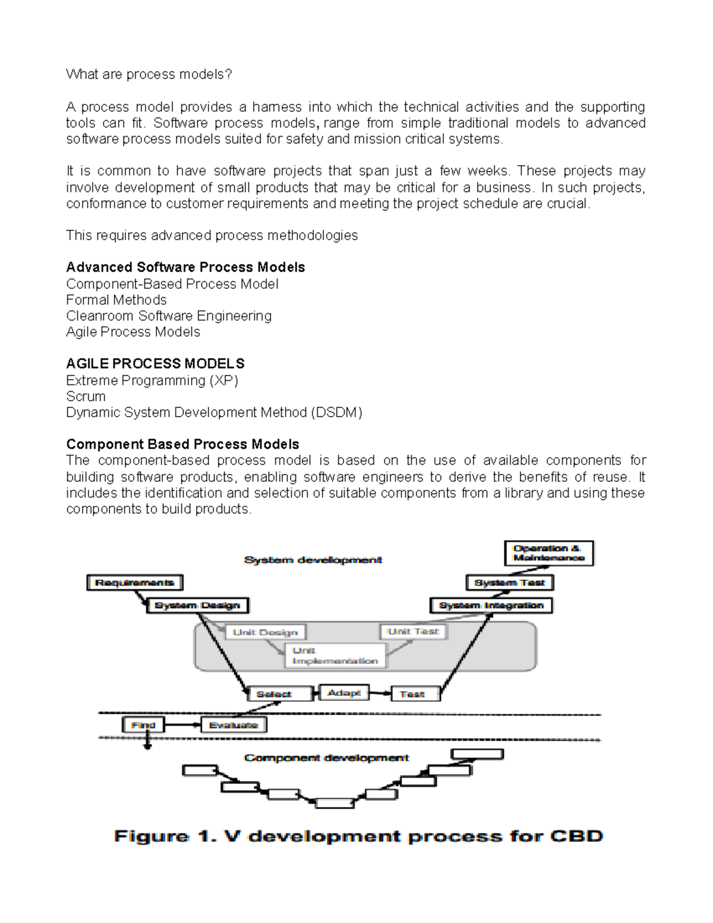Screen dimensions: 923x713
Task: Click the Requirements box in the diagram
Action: coord(135,582)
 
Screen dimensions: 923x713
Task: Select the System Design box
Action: coord(197,605)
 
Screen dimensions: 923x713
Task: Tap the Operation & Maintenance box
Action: coord(548,553)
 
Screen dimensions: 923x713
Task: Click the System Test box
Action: coord(510,582)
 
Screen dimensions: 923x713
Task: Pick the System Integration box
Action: coord(491,605)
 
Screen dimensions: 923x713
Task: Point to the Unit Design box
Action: coord(265,632)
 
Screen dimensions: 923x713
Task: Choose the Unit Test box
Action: coord(413,631)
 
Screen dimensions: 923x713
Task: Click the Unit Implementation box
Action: coord(335,656)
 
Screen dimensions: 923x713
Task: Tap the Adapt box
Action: coord(344,692)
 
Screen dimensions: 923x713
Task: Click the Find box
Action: coord(143,725)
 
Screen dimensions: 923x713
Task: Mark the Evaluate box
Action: coord(234,725)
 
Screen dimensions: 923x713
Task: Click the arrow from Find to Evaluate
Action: coord(182,725)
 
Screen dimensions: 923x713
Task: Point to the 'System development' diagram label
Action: coord(313,560)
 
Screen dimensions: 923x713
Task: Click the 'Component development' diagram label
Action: coord(326,758)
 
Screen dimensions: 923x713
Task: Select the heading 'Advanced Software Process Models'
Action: coord(185,267)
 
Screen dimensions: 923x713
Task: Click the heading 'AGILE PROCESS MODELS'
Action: coord(155,364)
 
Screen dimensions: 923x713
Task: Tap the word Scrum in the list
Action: coord(86,396)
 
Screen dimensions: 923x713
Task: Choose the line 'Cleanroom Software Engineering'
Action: coord(169,316)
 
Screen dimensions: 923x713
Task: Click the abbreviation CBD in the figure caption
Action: coord(576,836)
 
